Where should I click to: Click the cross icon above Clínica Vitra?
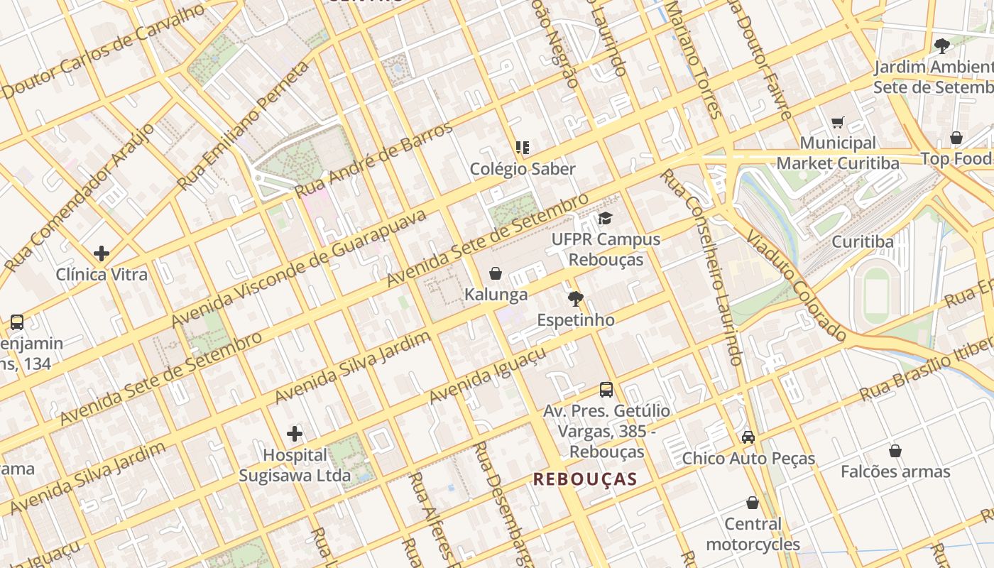point(102,253)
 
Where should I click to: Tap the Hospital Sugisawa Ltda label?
point(295,465)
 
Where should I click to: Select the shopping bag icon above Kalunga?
point(496,273)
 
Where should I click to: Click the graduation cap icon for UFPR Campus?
point(604,218)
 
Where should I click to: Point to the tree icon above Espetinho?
point(575,299)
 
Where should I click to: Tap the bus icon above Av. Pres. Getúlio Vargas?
point(606,389)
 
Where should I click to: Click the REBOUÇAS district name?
point(585,479)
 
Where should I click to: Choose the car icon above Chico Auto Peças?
point(748,437)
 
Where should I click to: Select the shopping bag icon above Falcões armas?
point(895,450)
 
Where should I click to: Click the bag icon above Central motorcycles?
point(753,503)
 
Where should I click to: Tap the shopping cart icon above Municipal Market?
point(838,122)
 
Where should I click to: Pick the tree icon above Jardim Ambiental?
point(942,47)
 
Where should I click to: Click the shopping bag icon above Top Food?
point(956,138)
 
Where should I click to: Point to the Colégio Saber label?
point(523,169)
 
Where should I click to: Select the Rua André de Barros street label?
point(373,160)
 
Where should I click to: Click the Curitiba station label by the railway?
point(863,241)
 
